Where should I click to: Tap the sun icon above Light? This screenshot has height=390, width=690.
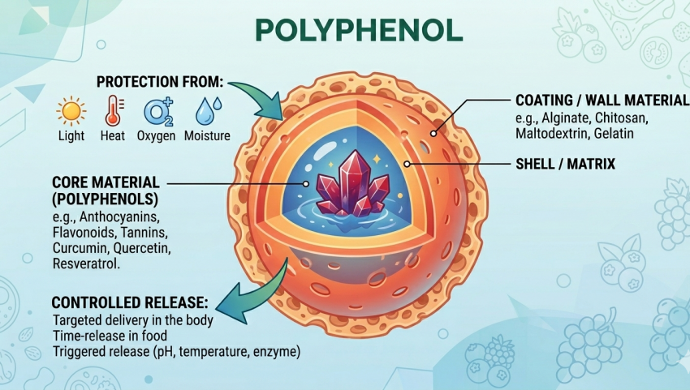tap(71, 110)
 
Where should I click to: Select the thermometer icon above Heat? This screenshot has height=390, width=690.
tap(113, 110)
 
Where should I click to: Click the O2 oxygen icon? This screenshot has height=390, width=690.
tap(157, 110)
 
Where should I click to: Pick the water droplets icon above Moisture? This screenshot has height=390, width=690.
tap(206, 110)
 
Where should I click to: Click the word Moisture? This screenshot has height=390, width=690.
tap(207, 136)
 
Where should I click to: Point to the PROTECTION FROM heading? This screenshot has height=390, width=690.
tap(159, 82)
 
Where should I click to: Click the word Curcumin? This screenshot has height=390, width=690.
tap(77, 248)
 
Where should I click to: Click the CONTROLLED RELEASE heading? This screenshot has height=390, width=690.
tap(130, 303)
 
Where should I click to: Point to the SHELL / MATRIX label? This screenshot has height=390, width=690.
tap(565, 165)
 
